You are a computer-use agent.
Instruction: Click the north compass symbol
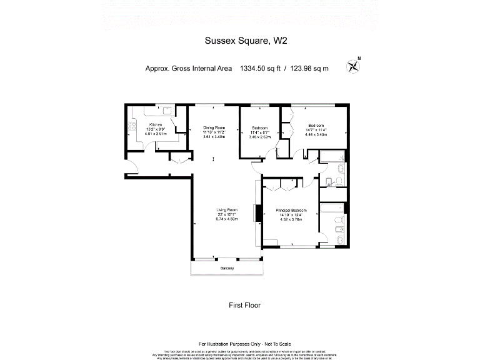356,62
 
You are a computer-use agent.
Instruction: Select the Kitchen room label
147,124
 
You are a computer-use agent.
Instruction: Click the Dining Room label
213,128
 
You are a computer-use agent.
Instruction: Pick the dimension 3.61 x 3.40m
213,137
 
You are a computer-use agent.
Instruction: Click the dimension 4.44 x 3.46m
316,134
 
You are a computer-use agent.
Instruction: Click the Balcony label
227,268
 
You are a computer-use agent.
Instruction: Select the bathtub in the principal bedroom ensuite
331,209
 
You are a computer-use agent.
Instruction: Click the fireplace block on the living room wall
256,213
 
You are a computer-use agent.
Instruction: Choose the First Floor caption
244,306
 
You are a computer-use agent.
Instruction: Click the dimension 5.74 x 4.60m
227,219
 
